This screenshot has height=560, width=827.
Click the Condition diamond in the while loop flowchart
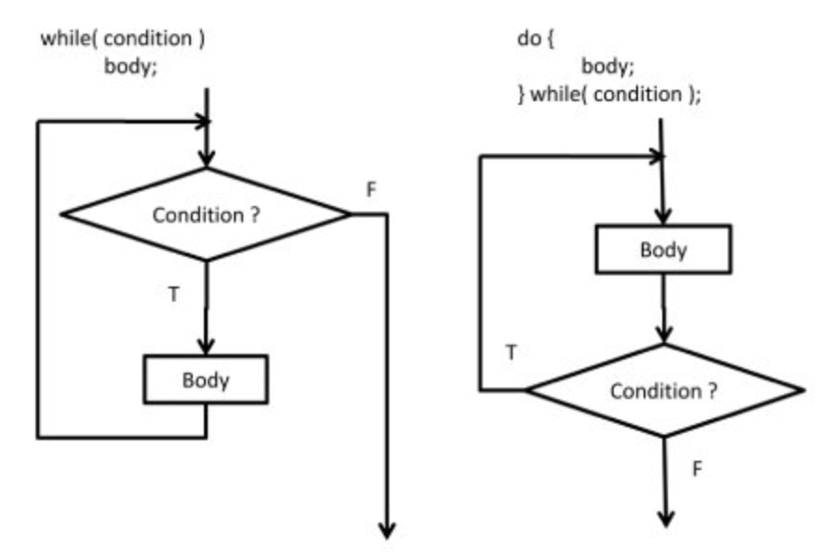206,214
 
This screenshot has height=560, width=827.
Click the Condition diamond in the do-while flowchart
663,390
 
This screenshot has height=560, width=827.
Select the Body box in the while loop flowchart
206,380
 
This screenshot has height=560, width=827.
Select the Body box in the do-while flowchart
663,250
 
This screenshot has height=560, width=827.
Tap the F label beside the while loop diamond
371,190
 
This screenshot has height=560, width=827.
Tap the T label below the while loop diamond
174,294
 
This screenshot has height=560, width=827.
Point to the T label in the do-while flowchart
510,353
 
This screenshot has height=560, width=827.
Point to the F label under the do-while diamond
696,469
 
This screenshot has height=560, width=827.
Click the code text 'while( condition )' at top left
123,40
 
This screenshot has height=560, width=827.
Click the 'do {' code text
533,40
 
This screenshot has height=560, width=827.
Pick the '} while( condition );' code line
609,95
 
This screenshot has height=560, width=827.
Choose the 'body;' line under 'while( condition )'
130,67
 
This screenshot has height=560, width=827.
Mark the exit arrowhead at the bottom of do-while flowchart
663,517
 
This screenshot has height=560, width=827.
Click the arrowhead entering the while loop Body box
206,346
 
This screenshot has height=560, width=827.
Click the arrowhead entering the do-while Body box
663,217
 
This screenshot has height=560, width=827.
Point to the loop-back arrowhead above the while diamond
199,122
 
